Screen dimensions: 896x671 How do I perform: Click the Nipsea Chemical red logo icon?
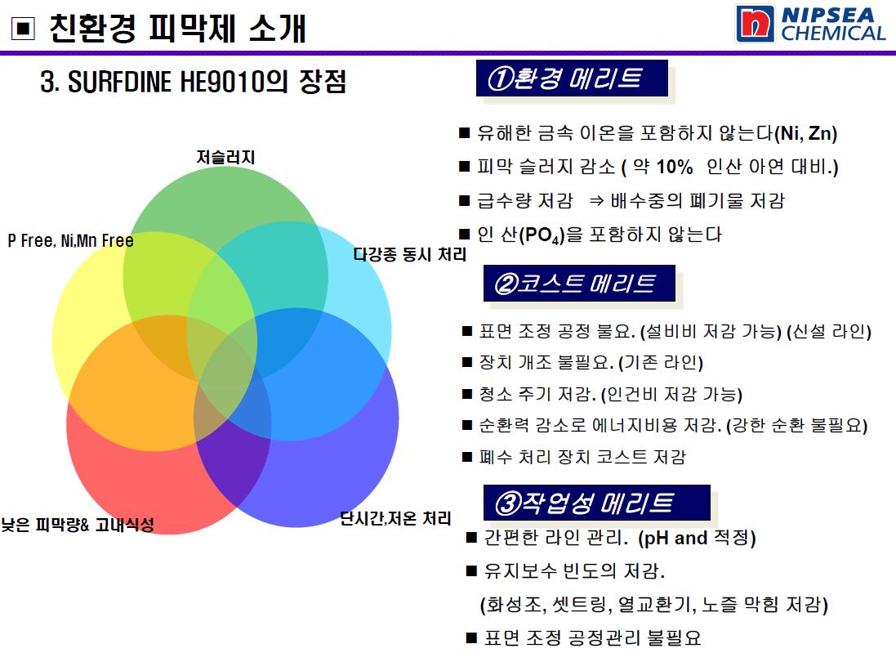(756, 24)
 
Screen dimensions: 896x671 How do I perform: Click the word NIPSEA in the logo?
(828, 15)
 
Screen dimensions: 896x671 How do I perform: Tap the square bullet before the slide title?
(24, 29)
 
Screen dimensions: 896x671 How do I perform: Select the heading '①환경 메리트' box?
(572, 78)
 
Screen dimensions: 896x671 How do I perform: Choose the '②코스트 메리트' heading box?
(579, 283)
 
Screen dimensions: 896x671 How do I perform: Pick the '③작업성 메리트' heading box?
(597, 503)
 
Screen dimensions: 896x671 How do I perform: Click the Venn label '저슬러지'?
(225, 157)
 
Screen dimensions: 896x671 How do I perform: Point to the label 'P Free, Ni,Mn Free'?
(71, 241)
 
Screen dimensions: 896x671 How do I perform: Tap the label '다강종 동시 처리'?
(410, 254)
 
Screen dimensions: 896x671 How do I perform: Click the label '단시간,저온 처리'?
(395, 518)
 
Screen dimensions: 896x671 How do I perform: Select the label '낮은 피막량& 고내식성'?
(78, 524)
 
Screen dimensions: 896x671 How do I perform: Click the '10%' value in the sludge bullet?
(675, 167)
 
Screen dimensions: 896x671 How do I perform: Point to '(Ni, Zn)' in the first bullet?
(805, 133)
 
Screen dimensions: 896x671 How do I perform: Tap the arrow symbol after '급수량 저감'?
(596, 201)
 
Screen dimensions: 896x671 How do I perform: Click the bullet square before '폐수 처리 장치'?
(467, 457)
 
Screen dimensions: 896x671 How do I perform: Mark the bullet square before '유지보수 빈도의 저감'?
(472, 570)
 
